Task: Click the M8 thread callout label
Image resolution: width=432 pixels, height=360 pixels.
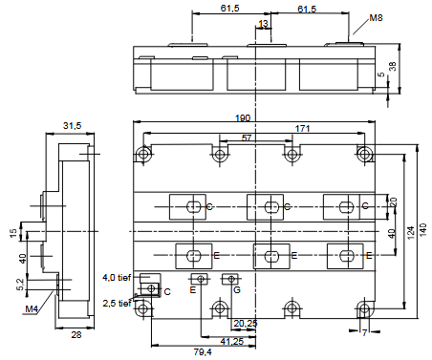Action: (x=376, y=18)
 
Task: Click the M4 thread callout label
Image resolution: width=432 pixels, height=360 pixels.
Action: (x=32, y=308)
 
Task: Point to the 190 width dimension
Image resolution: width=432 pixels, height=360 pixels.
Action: (x=243, y=118)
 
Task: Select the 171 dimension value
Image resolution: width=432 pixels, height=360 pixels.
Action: (x=302, y=128)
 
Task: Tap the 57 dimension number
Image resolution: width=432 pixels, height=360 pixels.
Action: (x=247, y=138)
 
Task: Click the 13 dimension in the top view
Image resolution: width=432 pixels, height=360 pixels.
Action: (x=264, y=23)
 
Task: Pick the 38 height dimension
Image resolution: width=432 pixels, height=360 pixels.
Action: (x=393, y=66)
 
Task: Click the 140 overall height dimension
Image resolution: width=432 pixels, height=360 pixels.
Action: (x=422, y=229)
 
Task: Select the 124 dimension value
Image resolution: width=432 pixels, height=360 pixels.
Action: (x=411, y=233)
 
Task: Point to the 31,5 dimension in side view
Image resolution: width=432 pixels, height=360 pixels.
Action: (x=72, y=126)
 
